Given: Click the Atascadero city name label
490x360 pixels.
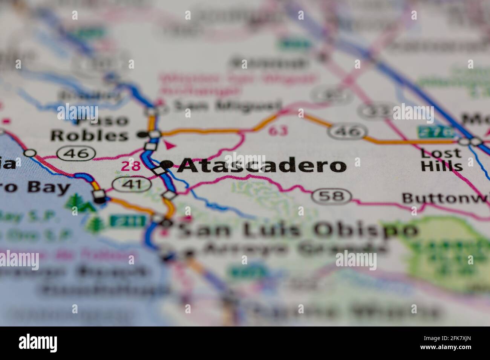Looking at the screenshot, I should point(262,166).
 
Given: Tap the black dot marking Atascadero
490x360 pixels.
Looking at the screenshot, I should point(167,164).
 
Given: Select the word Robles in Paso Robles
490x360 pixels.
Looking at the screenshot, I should point(89,136).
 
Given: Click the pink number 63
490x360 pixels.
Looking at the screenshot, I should point(278,131).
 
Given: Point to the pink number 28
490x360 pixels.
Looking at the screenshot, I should point(130,166).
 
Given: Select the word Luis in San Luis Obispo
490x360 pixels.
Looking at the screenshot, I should point(268,230).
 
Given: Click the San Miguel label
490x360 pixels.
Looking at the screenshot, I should point(227,106).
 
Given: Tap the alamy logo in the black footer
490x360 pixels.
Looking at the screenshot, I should point(38,343).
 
